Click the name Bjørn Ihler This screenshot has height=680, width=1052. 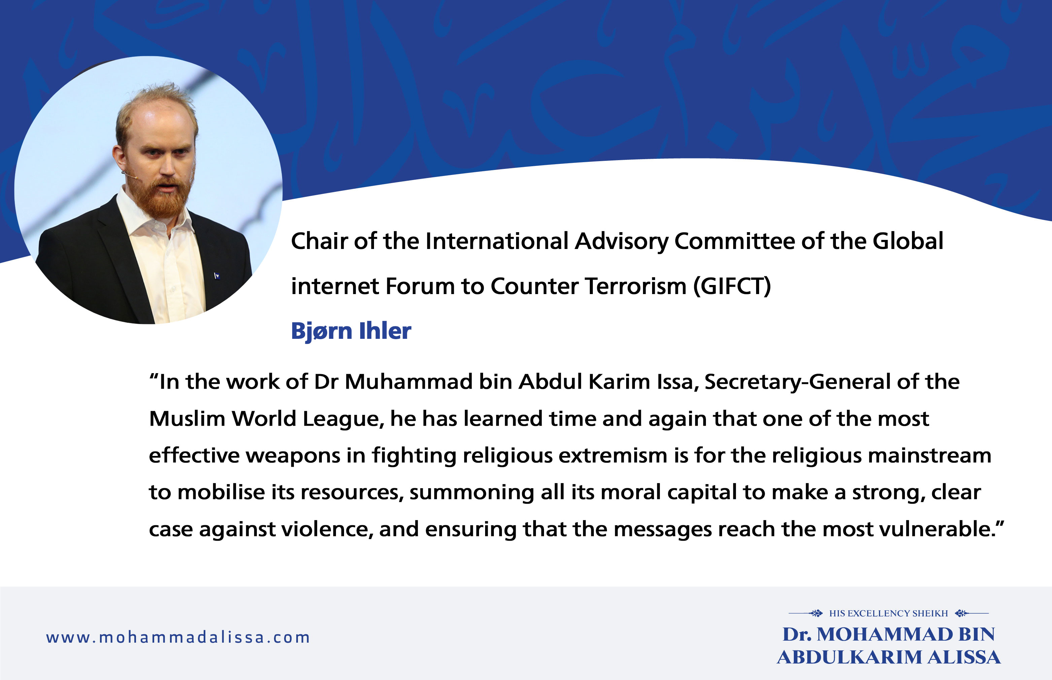coord(351,331)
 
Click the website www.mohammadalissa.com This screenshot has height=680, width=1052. coord(178,638)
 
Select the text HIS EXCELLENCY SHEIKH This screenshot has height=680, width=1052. coord(889,613)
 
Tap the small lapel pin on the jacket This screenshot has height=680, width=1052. coord(216,276)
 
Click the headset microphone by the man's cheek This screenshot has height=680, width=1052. coord(130,175)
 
